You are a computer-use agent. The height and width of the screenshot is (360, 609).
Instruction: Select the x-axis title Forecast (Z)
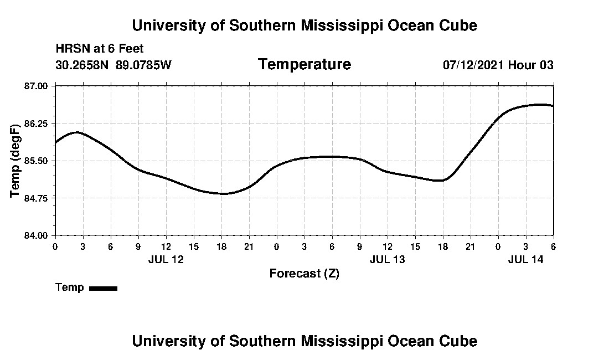(x=304, y=274)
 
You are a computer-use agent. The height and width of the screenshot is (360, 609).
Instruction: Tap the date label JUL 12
(x=166, y=259)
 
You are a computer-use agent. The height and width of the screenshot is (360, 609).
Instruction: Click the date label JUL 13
(x=387, y=259)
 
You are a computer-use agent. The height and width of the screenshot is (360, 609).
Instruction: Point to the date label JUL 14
(x=525, y=259)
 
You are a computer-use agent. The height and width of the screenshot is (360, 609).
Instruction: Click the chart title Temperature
(x=304, y=65)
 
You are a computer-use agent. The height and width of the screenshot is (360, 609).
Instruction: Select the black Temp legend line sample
(x=104, y=288)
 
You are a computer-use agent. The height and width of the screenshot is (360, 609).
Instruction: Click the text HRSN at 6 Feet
(x=100, y=49)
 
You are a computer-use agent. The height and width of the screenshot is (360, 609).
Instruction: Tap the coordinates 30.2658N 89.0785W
(x=113, y=65)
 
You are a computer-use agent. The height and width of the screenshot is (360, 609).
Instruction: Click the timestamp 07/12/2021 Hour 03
(x=498, y=65)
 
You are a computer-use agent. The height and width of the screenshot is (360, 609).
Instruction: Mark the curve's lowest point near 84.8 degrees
(x=223, y=193)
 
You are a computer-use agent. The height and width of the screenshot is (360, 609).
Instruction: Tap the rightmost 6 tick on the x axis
(x=553, y=246)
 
